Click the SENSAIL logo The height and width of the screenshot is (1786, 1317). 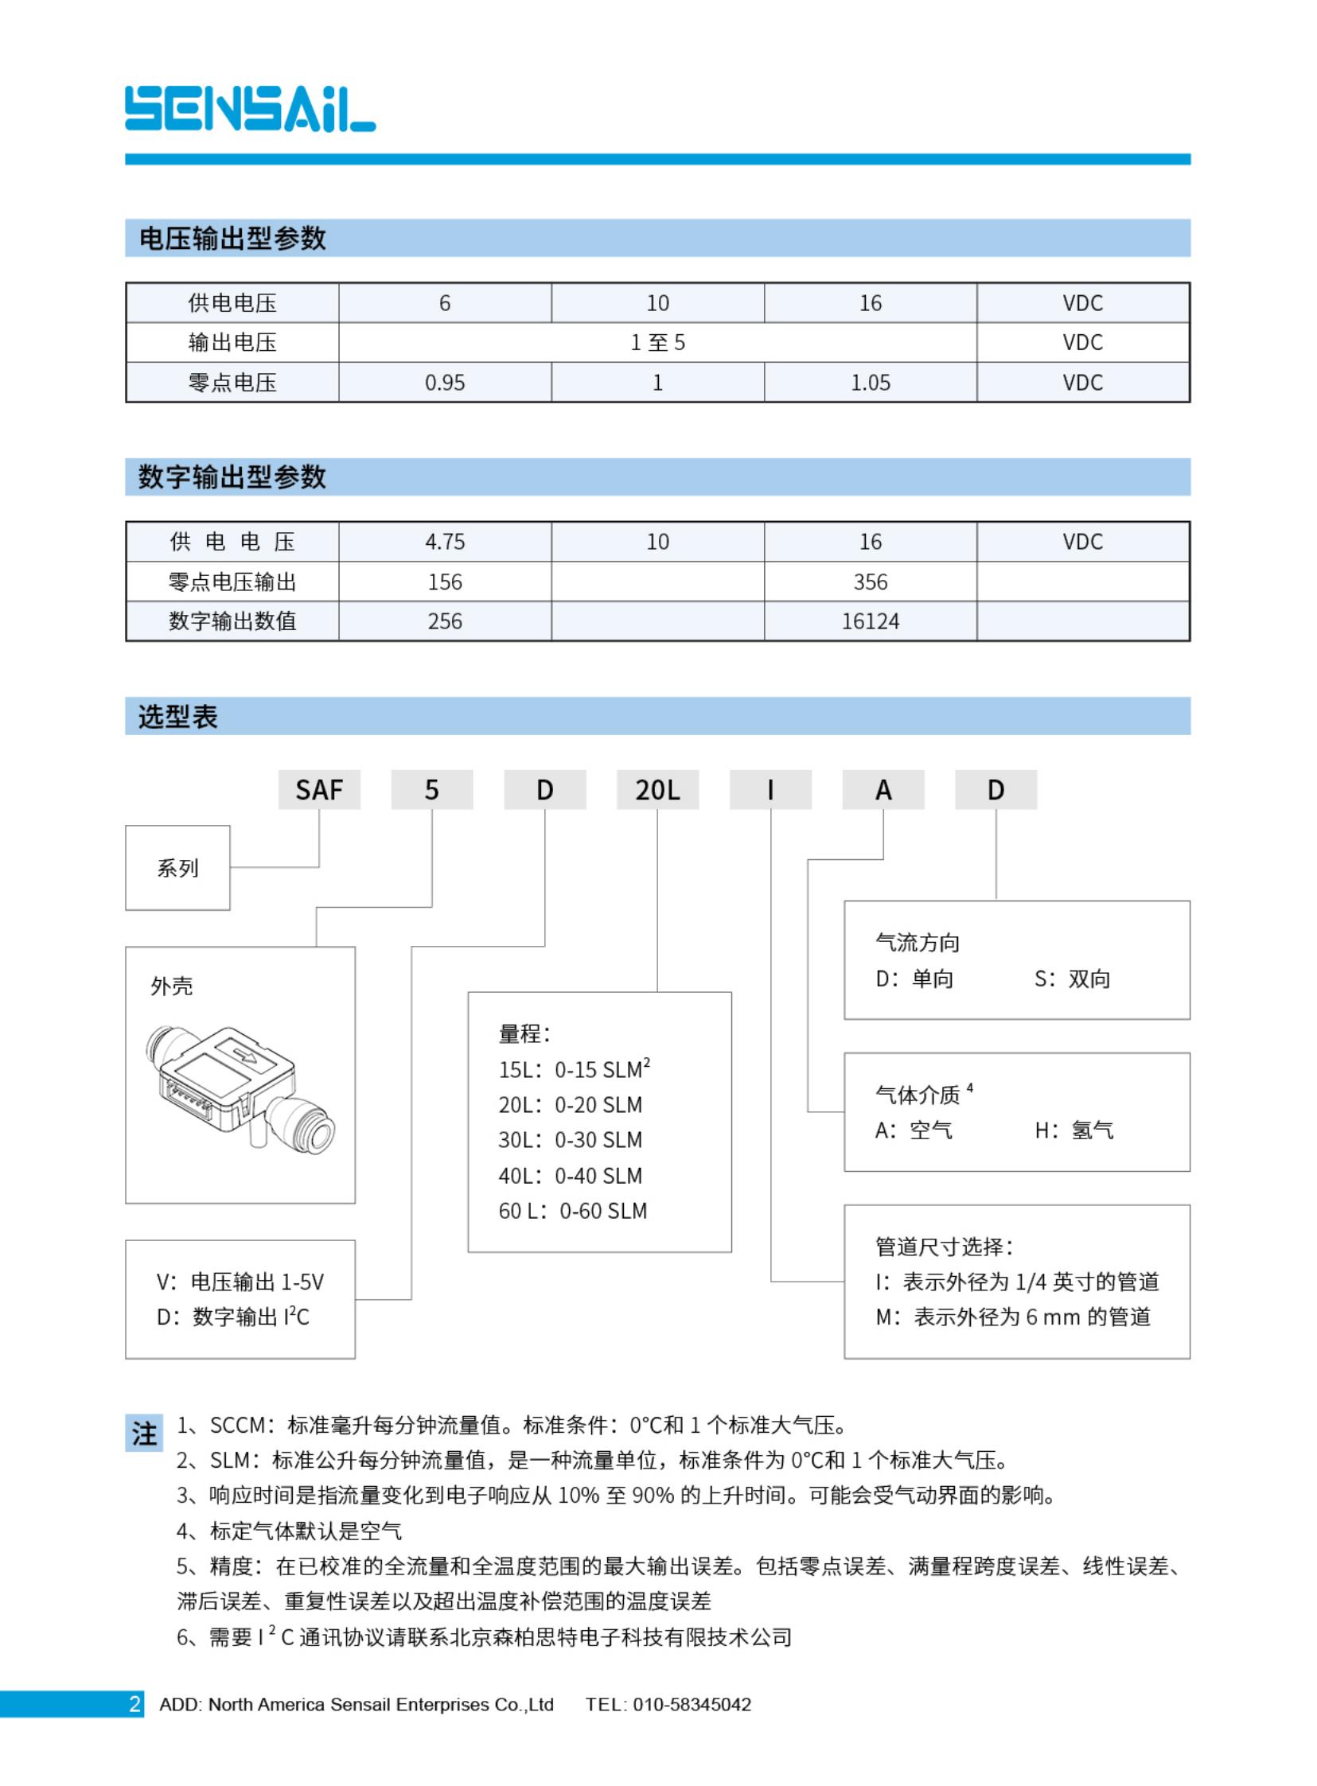coord(250,108)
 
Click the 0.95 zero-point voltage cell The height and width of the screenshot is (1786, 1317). coord(444,383)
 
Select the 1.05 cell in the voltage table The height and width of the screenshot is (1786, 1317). coord(870,383)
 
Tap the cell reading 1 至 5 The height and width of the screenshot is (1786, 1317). coord(657,343)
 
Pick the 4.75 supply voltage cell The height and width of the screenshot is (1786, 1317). coord(444,542)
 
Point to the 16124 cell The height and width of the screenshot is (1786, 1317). coord(870,621)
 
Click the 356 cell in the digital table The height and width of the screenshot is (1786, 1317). coord(870,582)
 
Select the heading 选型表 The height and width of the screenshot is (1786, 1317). coord(177,717)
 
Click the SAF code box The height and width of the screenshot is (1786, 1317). coord(319,790)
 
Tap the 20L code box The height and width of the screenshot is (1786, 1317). coord(657,790)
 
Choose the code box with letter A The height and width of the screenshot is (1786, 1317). coord(883,790)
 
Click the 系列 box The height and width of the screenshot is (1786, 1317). coord(177,868)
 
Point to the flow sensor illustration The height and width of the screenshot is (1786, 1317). coord(240,1088)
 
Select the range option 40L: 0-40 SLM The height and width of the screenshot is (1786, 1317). coord(570,1176)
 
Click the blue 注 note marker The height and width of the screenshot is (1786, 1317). coord(143,1434)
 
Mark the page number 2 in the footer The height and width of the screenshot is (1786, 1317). coord(134,1704)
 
